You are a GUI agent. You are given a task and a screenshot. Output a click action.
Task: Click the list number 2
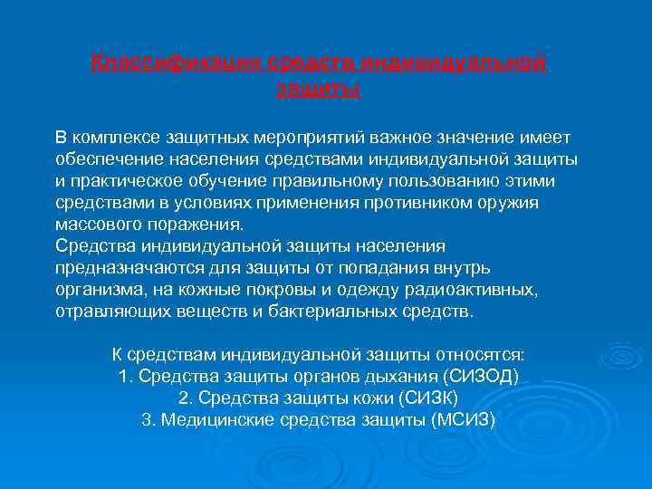[x=183, y=398]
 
